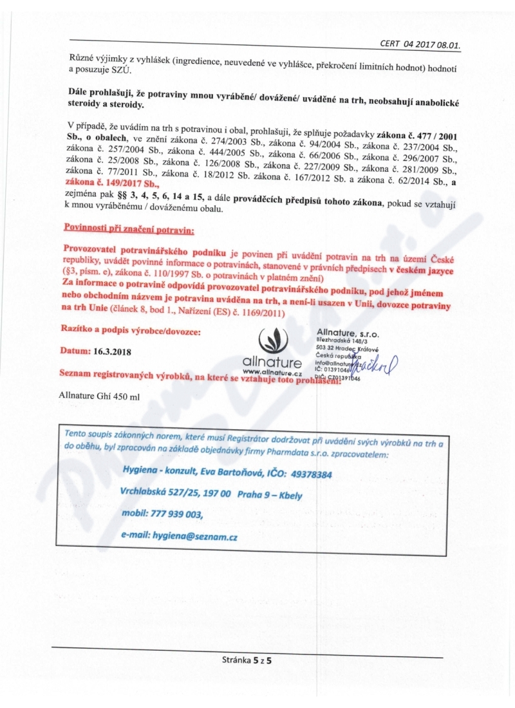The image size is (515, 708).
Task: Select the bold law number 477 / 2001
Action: coord(433,124)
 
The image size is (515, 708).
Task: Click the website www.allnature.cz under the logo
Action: coord(273,373)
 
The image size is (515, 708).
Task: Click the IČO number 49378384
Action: coord(309,474)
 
